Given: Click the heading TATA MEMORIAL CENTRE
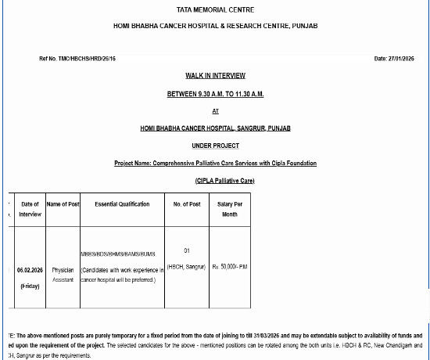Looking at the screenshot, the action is click(215, 9).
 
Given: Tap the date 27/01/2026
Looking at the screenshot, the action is click(398, 59).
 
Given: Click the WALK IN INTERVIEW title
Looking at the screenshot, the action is click(215, 76).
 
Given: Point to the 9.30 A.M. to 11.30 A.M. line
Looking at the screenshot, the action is click(215, 94).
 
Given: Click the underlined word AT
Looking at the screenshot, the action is click(215, 111).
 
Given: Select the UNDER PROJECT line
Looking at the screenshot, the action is click(215, 146).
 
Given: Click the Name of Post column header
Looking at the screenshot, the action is click(63, 204).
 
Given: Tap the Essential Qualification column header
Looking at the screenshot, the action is click(122, 204).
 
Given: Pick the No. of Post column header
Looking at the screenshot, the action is click(187, 204).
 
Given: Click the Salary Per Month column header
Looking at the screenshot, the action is click(229, 209).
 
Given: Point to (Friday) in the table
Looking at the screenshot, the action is click(29, 286).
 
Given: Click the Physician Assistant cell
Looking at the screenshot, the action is click(63, 272).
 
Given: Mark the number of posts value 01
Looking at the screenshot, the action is click(187, 250).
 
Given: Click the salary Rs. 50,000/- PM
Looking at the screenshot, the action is click(230, 267).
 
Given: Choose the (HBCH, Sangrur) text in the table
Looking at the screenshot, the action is click(187, 267).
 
